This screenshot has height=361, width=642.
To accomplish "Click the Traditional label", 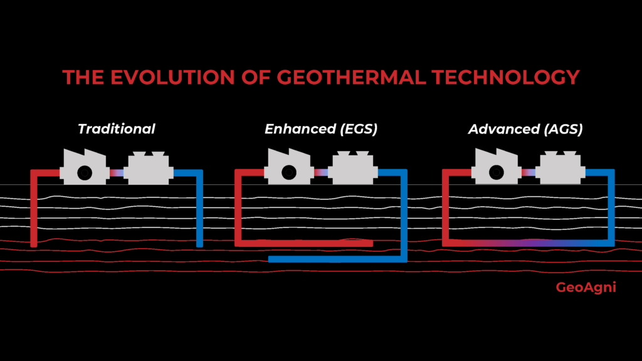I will (x=116, y=129).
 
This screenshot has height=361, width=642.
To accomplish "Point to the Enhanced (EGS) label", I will (x=321, y=129).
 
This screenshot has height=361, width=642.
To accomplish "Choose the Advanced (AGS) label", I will (x=525, y=129).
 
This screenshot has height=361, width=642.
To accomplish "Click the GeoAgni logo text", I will (x=586, y=288).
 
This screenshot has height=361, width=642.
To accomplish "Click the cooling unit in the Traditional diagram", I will (x=149, y=170).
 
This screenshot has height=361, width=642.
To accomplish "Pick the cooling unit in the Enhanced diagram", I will (x=352, y=170).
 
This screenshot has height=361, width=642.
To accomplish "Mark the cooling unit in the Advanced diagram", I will (x=561, y=170).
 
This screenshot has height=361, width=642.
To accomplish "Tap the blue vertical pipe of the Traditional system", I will (x=200, y=210).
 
